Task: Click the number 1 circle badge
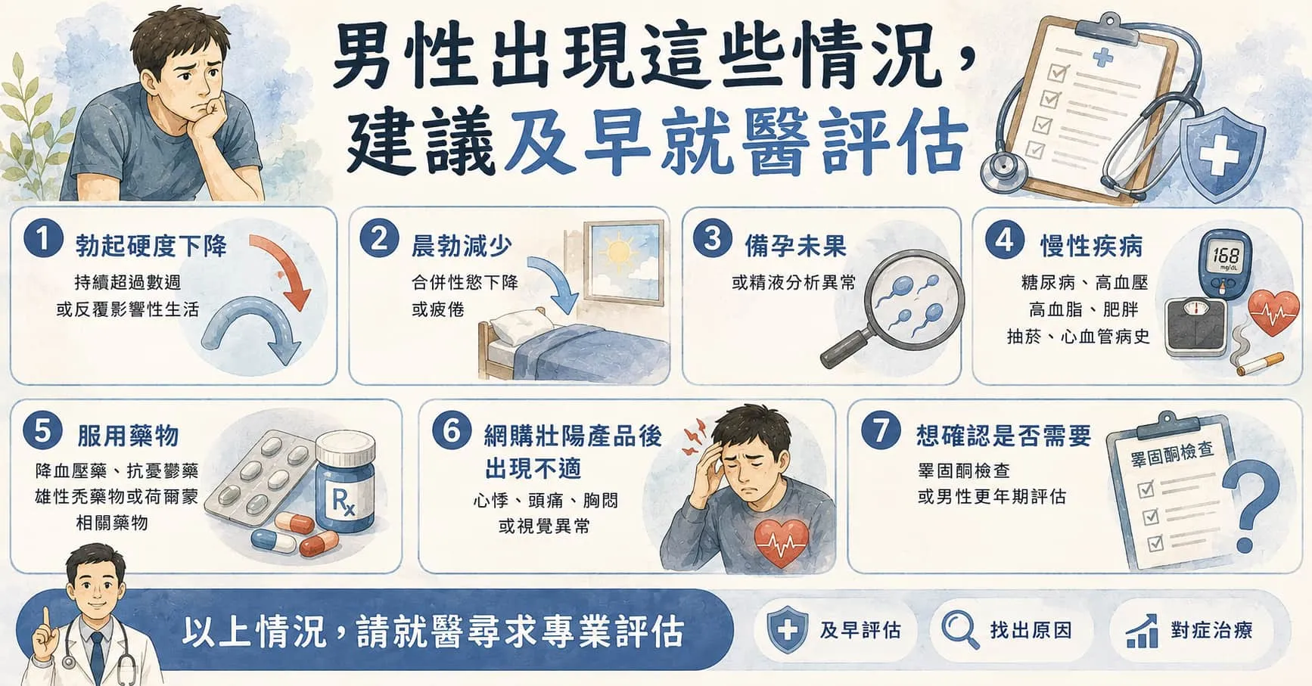42,238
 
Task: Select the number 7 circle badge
881,430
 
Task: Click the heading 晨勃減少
462,246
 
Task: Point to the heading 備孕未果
794,246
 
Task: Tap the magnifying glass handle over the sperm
847,349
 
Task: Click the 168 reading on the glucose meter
1226,255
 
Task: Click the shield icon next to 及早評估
787,630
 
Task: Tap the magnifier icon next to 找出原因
959,629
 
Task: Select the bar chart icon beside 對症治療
1142,631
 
